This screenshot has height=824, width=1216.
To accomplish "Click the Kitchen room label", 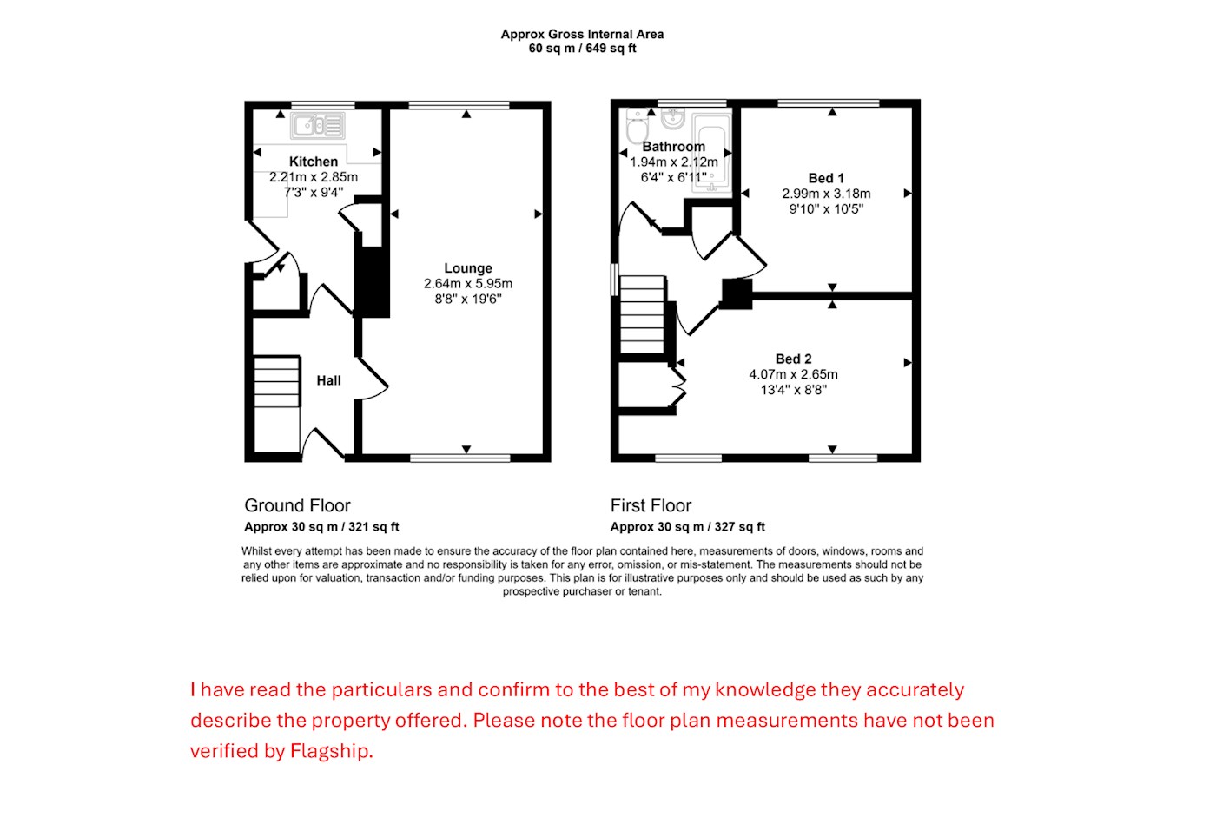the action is (x=314, y=162).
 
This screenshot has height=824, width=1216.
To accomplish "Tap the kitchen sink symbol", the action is (x=318, y=125).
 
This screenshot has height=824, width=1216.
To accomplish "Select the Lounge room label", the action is (x=468, y=268).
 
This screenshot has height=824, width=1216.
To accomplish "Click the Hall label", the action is (x=328, y=380).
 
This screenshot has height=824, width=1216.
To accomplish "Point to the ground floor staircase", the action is (x=277, y=381).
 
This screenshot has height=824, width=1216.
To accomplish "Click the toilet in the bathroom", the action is (x=638, y=125).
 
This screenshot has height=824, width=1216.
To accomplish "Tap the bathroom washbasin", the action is (x=673, y=119).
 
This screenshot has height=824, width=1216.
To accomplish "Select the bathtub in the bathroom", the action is (x=711, y=153).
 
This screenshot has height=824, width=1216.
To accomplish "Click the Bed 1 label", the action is (x=826, y=178).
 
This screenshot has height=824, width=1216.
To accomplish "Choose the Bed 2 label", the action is (x=793, y=359).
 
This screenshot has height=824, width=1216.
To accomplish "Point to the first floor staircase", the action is (x=642, y=315).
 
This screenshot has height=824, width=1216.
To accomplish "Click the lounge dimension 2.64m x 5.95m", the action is (x=468, y=283).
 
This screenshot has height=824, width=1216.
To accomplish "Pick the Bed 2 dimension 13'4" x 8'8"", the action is (x=793, y=390).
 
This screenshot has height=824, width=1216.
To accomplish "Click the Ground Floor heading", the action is (x=297, y=505).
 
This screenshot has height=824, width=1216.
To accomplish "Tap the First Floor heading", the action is (x=651, y=505).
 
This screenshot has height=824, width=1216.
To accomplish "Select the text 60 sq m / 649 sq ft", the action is (x=582, y=49).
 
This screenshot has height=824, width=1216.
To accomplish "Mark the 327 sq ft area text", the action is (x=740, y=526).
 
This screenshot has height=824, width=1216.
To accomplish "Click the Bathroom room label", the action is (x=674, y=147).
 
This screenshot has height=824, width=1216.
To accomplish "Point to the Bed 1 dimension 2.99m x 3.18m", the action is (x=826, y=194).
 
